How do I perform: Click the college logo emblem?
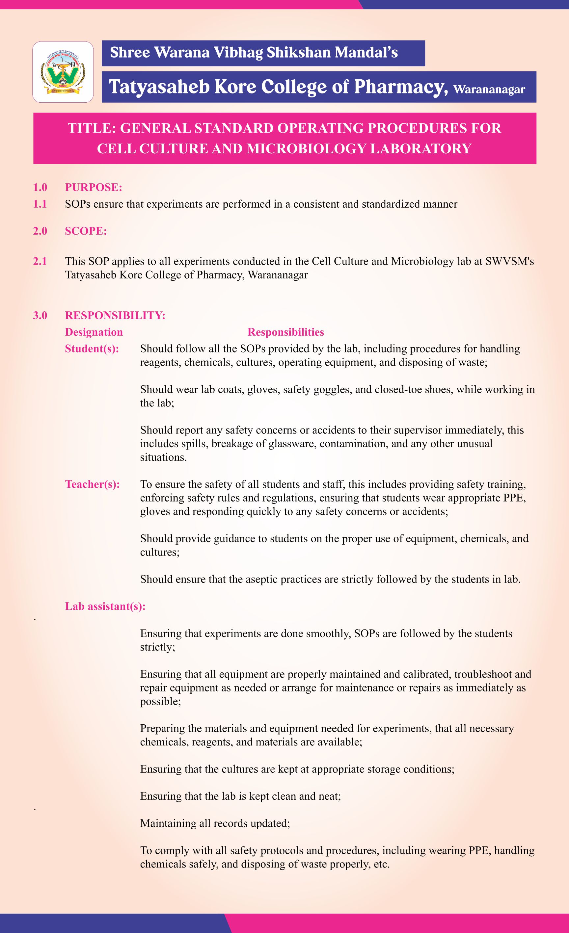point(63,72)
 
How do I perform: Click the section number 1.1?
point(40,204)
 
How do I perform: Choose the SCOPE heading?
point(86,231)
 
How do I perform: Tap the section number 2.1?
point(40,261)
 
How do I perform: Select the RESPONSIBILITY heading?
point(115,315)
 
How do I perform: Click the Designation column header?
point(94,332)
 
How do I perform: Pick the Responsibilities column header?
point(285,332)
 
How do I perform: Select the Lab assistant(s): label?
point(105,606)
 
